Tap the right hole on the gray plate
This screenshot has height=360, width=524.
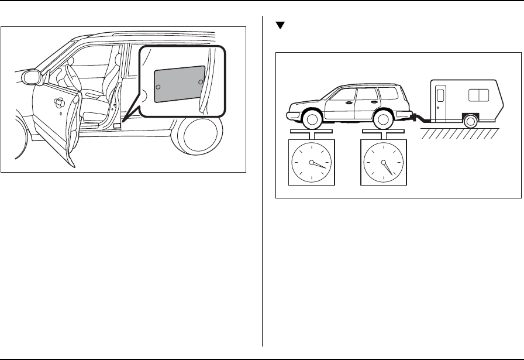coord(200,81)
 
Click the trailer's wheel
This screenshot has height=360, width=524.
coord(470,121)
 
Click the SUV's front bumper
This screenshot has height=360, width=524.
coord(290,114)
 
